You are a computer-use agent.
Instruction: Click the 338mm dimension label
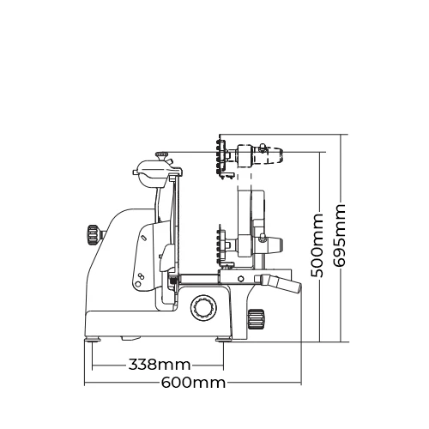point(160,365)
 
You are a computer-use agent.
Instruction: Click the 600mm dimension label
point(193,383)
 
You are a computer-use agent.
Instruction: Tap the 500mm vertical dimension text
point(317,245)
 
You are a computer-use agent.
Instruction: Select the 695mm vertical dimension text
point(339,235)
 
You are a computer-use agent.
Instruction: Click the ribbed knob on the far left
point(93,235)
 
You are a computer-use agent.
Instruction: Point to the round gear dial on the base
point(203,307)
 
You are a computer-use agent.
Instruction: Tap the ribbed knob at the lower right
point(256,318)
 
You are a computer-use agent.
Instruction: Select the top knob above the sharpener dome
point(162,156)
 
